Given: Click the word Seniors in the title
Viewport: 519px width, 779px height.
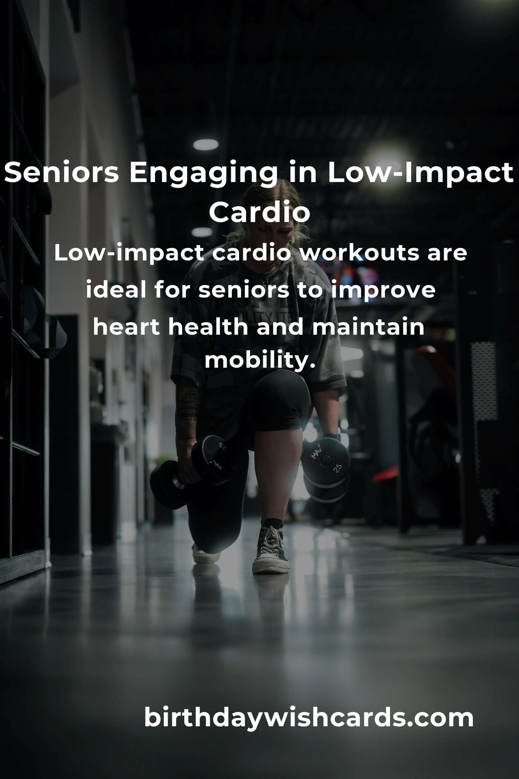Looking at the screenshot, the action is [x=61, y=173].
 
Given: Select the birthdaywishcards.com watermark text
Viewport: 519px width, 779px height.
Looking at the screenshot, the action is [x=309, y=717].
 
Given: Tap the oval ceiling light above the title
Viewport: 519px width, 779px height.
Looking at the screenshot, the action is [x=206, y=145].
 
